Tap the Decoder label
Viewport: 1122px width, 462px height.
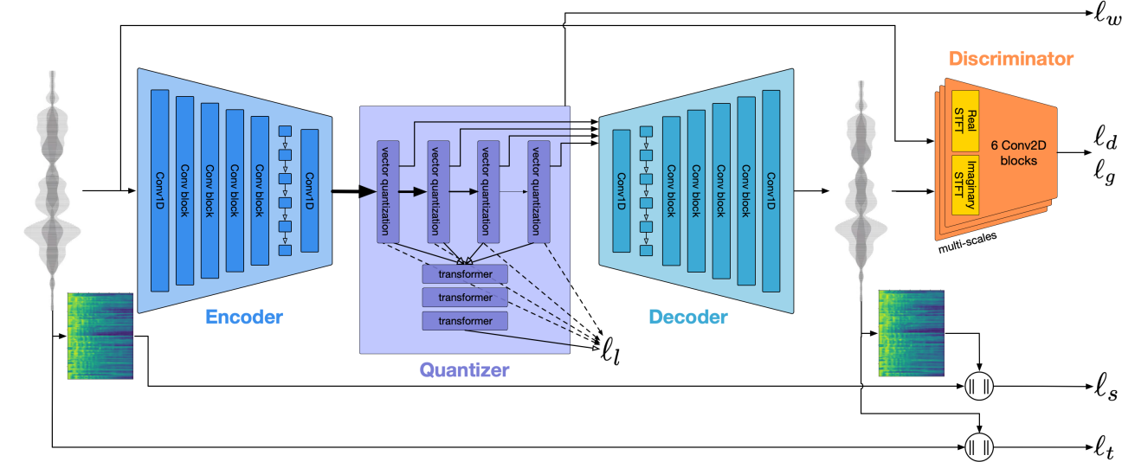click(x=688, y=318)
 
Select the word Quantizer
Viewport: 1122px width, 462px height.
click(x=464, y=372)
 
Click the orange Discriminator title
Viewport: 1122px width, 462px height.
click(x=1011, y=60)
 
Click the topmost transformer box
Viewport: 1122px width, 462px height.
click(x=464, y=274)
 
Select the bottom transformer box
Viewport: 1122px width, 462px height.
click(x=464, y=321)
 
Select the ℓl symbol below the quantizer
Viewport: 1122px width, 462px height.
click(x=611, y=351)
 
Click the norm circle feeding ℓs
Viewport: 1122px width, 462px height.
click(x=978, y=385)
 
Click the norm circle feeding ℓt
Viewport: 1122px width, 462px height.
click(x=978, y=447)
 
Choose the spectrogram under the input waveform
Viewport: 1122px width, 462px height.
click(x=100, y=336)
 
